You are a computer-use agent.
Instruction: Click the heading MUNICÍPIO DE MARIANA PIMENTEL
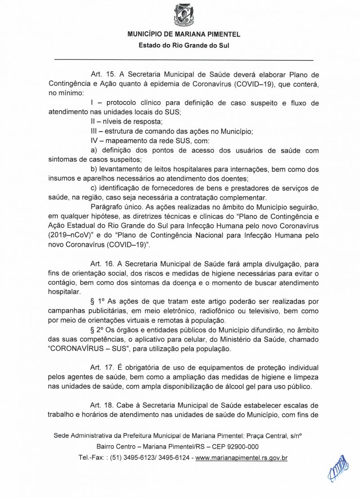(184, 34)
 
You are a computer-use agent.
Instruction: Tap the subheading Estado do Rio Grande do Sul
(184, 45)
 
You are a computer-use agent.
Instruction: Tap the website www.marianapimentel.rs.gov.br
(242, 458)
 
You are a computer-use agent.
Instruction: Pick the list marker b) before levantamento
(94, 169)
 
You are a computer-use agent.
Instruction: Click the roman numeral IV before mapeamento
(94, 141)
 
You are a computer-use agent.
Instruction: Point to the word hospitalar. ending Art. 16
(64, 292)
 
